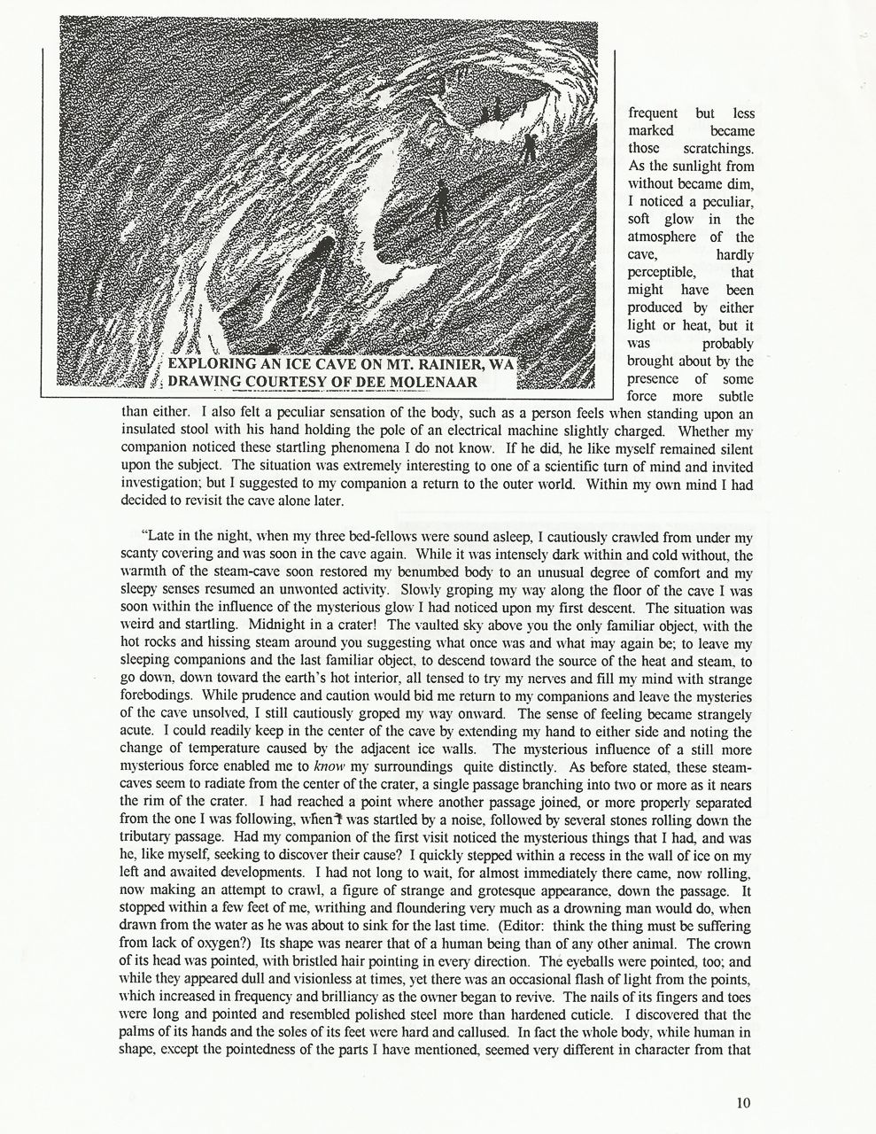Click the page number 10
click(x=742, y=1102)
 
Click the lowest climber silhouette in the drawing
click(x=440, y=203)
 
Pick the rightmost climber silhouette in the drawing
click(x=530, y=146)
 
